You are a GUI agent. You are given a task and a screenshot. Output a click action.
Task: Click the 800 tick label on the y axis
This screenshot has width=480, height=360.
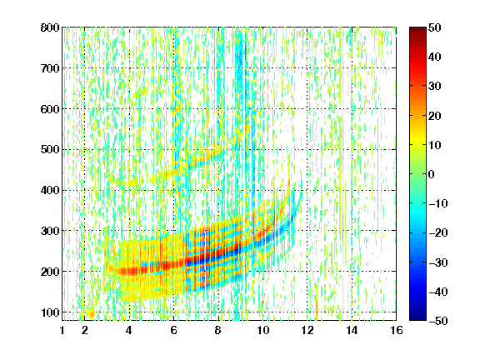click(x=50, y=27)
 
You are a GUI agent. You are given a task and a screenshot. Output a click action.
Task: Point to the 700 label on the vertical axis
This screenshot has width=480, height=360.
click(x=50, y=68)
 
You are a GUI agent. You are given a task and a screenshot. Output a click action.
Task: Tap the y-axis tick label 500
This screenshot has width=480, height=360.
click(x=50, y=150)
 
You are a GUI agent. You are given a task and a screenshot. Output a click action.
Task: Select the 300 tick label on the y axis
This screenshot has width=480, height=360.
click(x=50, y=231)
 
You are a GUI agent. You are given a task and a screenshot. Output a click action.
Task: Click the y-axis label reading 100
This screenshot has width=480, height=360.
click(x=50, y=312)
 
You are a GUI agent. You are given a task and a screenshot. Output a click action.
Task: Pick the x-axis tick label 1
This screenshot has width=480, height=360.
click(x=62, y=330)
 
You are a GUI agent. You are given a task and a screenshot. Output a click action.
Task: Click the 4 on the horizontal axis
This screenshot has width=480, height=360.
click(x=129, y=330)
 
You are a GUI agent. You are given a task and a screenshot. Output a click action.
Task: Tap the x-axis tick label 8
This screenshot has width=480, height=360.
click(x=217, y=330)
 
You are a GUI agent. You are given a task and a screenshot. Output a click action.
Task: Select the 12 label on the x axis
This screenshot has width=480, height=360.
click(x=307, y=330)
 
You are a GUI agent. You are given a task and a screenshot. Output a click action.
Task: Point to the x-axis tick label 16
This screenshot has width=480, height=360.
click(x=396, y=330)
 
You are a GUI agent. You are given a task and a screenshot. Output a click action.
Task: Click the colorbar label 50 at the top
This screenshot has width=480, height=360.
click(x=435, y=27)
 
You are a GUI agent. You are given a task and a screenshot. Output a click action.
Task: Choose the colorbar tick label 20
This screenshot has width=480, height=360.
click(x=435, y=116)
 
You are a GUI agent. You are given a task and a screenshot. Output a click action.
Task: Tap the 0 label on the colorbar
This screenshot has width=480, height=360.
click(x=432, y=174)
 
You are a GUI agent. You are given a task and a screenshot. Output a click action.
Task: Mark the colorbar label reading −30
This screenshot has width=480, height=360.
click(x=438, y=262)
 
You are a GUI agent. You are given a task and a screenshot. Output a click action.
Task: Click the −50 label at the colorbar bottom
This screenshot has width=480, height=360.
click(x=438, y=321)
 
